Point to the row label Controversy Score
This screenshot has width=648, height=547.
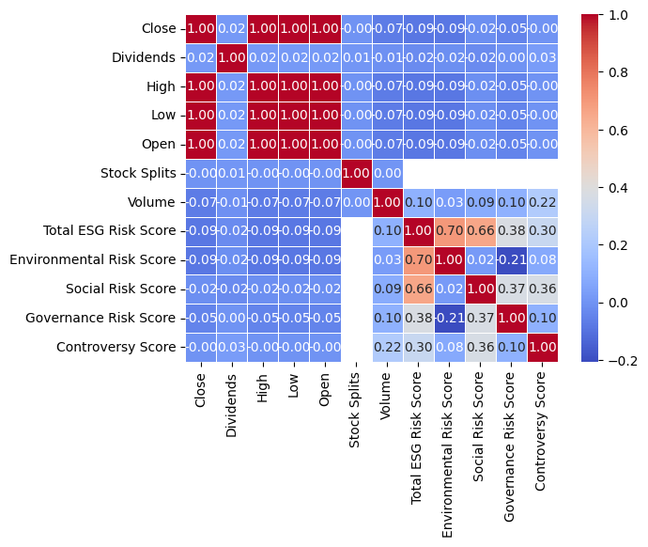point(124,347)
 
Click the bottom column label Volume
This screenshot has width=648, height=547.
point(388,396)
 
